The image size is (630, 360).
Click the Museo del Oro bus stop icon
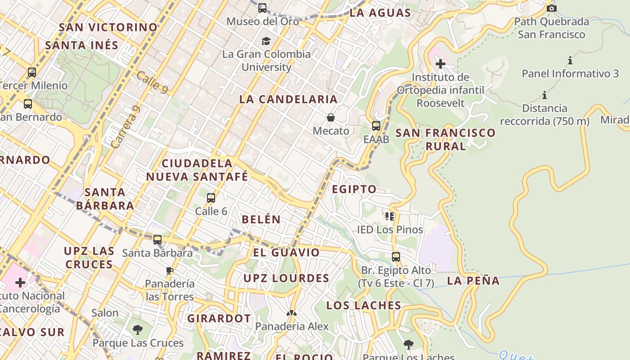262,8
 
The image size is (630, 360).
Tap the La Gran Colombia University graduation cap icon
266,41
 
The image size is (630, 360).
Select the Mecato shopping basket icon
331,117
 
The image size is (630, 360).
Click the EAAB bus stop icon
376,126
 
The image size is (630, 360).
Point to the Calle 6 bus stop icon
211,198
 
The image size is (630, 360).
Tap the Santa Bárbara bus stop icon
157,239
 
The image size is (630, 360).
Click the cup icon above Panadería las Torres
170,270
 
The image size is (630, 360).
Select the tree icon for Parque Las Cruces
138,330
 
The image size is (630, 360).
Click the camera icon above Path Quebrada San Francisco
552,8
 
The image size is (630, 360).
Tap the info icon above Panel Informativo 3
570,60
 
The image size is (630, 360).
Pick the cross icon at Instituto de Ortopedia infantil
441,64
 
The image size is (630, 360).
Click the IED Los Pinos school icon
390,216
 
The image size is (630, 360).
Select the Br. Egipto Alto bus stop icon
396,257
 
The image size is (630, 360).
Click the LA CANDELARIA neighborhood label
288,99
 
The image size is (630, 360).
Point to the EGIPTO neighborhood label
354,189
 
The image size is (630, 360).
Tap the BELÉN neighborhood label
261,220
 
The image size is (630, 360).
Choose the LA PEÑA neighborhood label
473,281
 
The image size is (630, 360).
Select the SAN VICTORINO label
108,27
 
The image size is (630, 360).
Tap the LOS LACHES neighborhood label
364,306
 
